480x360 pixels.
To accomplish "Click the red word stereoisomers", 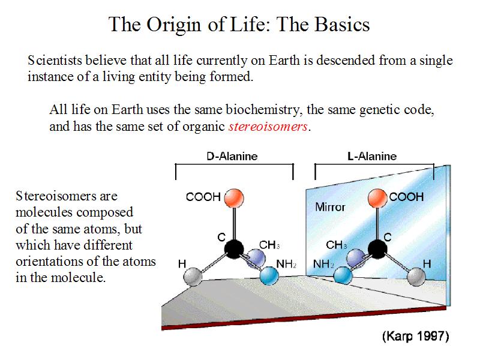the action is tap(268, 126).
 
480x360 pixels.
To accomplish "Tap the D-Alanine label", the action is tap(232, 156).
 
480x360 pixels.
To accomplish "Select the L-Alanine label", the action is tap(372, 156).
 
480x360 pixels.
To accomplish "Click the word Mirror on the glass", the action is tap(330, 207).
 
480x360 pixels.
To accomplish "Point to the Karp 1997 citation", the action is tap(415, 336).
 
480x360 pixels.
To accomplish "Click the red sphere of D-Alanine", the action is tap(234, 198).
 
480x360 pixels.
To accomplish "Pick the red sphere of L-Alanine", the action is tap(377, 199).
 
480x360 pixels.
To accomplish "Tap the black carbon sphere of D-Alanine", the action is tap(234, 249).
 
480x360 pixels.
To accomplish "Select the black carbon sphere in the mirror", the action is tap(377, 249).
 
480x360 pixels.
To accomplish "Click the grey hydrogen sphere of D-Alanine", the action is tap(193, 277).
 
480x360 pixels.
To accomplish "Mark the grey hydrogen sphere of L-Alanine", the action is tap(416, 277).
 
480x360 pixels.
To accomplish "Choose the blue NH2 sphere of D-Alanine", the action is tap(269, 276).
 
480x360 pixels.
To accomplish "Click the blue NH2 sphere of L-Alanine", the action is tap(343, 275).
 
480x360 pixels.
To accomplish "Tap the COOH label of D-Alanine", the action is tap(203, 197).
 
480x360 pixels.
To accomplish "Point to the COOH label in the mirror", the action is tap(407, 197).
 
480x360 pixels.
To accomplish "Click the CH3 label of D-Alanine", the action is tap(269, 245).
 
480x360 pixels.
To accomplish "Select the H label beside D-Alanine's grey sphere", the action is tap(182, 263).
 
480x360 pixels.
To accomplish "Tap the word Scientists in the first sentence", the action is tap(55, 61).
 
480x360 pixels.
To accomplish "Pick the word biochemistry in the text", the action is tap(262, 110).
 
